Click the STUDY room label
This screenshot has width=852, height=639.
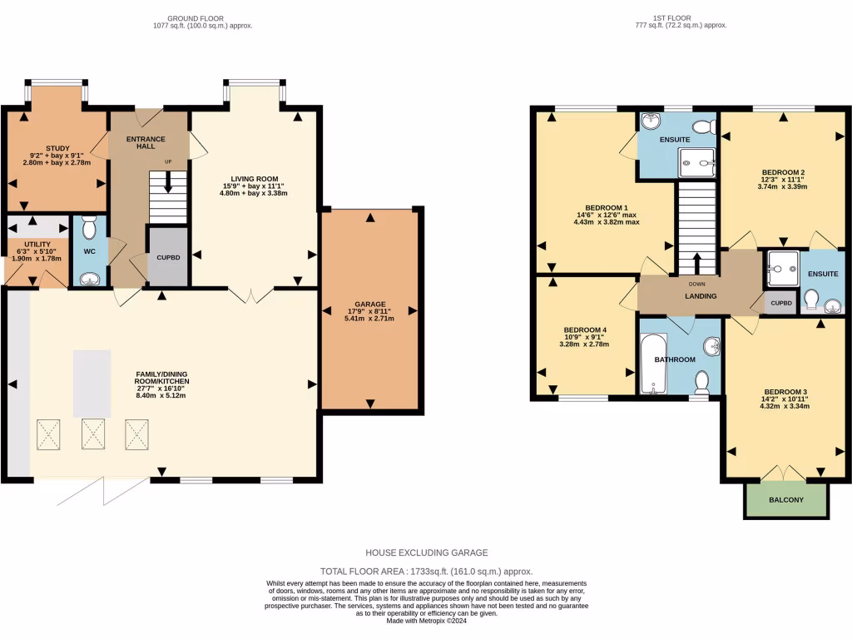pos(57,148)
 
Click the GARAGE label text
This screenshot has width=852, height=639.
pos(367,304)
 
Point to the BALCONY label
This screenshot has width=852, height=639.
pos(786,499)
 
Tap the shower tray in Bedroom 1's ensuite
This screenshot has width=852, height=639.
pos(696,163)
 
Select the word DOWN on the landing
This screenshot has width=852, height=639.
pos(696,284)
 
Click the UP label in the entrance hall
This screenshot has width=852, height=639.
pos(168,161)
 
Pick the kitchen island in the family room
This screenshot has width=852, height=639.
pos(92,383)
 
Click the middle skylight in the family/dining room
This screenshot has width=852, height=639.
pos(92,433)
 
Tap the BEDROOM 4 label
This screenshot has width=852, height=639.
pos(585,329)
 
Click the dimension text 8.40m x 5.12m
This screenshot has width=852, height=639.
pos(162,395)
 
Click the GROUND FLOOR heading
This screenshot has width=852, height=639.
pos(197,17)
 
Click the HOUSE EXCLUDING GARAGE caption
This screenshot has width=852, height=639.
pos(426,552)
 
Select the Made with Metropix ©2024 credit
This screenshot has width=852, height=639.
pos(426,621)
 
